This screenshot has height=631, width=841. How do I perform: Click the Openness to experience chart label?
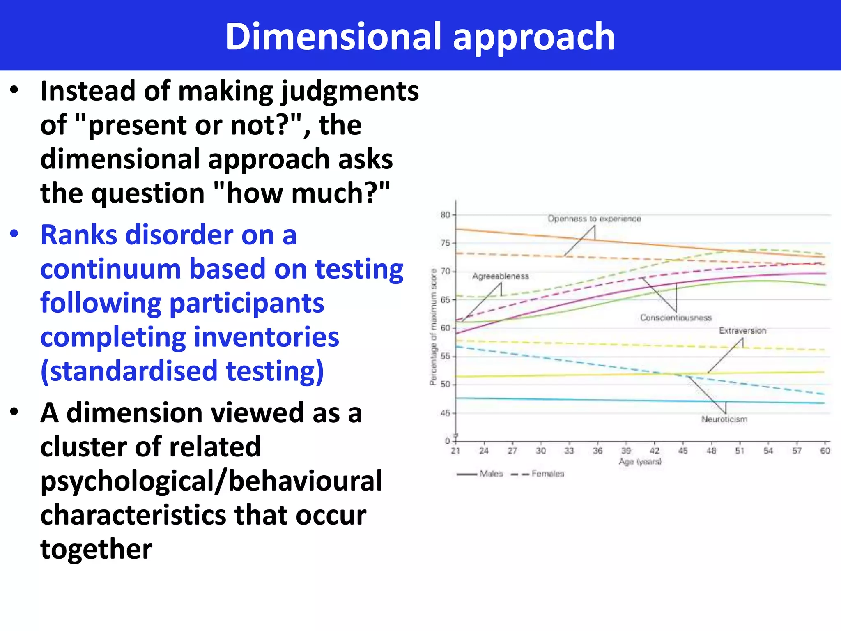point(594,219)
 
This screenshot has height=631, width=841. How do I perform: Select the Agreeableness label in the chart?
point(500,276)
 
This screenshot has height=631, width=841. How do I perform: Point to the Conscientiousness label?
point(676,318)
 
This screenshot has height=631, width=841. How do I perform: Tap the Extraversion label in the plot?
point(742,330)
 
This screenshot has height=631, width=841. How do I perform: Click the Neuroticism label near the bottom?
point(724,419)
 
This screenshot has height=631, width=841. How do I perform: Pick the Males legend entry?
point(491,474)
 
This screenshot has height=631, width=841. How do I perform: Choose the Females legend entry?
point(547,474)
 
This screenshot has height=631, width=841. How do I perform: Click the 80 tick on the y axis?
point(445,215)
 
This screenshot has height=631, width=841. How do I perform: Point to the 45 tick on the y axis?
point(445,413)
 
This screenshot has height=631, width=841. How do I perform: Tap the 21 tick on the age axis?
point(455,451)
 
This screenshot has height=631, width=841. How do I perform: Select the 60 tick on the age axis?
point(825,451)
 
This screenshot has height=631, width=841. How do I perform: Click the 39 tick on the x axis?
point(626,451)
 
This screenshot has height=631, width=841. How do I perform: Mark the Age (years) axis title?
point(640,462)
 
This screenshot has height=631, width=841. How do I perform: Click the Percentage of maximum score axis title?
point(433,327)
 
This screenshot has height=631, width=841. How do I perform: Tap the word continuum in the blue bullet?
point(110,269)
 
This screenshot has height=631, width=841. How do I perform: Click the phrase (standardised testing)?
point(182,371)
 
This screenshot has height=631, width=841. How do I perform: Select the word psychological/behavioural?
point(211,481)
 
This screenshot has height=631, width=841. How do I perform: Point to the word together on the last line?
point(96,549)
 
